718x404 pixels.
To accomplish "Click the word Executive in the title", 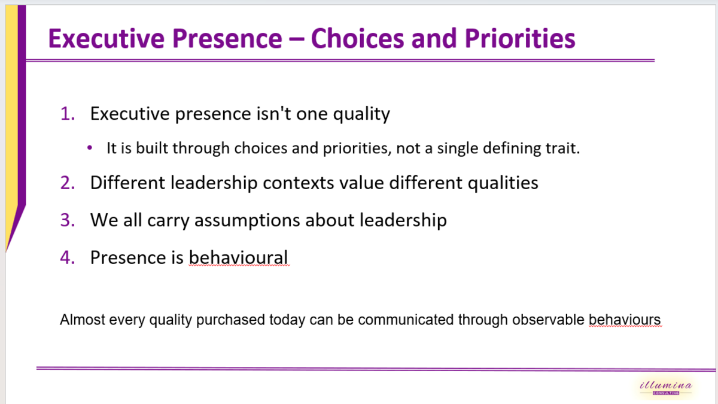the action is click(107, 38).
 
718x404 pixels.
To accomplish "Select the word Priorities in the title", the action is click(520, 39).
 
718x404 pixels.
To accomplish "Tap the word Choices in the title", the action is click(357, 38).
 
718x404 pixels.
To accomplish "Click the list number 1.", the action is click(68, 114).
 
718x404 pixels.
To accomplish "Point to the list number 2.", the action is click(68, 183).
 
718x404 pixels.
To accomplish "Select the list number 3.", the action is click(68, 220).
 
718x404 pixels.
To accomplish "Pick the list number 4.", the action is click(68, 257).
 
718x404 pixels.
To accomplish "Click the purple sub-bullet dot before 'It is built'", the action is click(90, 148).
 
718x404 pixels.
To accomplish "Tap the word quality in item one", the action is click(361, 114).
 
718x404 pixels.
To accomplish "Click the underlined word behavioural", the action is click(239, 257).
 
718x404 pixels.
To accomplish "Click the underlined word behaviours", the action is click(625, 320).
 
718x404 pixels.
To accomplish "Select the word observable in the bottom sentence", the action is click(549, 320).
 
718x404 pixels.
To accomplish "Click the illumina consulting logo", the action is click(666, 388).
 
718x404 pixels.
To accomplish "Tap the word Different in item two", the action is click(127, 183).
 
